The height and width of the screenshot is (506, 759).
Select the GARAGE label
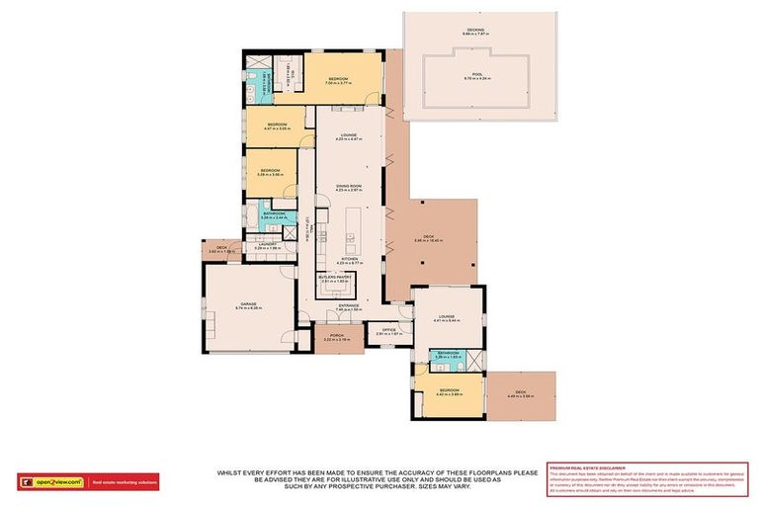(x=248, y=305)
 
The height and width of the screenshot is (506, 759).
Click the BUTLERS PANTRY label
(x=336, y=279)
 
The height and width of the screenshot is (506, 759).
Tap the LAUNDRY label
(x=268, y=243)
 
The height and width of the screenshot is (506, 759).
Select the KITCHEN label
(x=349, y=259)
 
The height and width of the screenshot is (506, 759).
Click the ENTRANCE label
(x=349, y=305)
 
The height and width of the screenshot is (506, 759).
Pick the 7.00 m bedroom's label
(x=337, y=80)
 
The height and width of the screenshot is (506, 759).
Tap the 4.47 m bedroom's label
(x=276, y=126)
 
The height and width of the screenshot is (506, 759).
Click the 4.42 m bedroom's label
(x=451, y=391)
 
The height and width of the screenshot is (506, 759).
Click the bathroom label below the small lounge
(x=450, y=353)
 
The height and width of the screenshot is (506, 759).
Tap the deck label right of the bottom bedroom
(x=521, y=394)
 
